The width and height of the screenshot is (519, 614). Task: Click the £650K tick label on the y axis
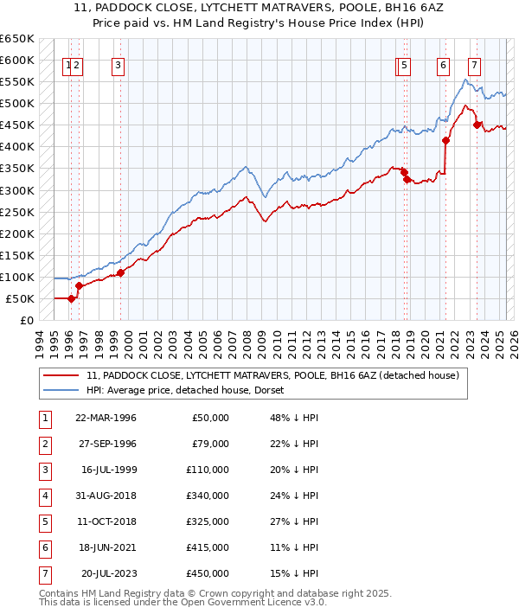point(17,39)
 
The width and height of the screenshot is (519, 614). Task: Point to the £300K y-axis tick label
point(17,190)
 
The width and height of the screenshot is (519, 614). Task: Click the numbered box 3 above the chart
point(117,64)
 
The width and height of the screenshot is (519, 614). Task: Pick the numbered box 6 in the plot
point(443,64)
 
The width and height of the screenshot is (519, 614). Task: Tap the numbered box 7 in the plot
point(474,64)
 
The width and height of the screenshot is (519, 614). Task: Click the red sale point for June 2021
point(446,140)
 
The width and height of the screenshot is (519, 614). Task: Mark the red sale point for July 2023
point(477,125)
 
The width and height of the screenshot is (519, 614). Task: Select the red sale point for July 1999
point(120,272)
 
